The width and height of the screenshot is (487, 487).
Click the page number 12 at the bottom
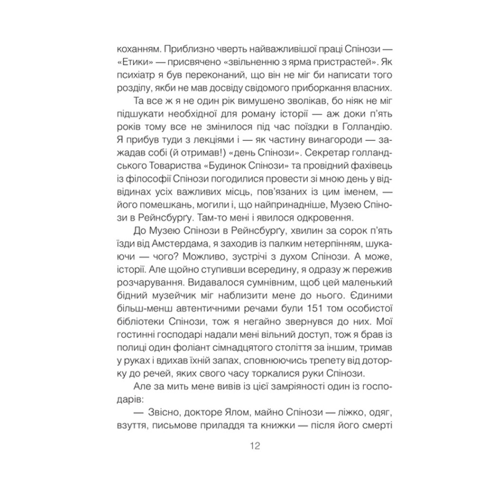254,446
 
